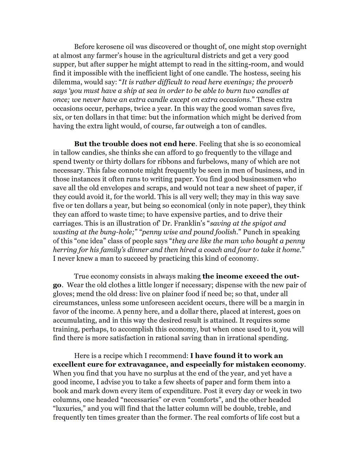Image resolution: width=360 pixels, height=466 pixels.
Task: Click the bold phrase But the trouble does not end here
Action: click(x=135, y=144)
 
